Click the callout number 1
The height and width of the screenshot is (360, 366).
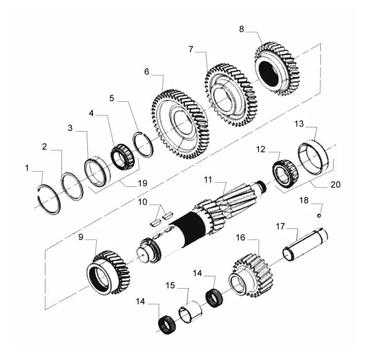pos(27,168)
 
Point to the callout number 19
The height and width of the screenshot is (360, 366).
pos(142,183)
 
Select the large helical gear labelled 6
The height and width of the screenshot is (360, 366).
pos(181,124)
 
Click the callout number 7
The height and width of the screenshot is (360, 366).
pos(191,50)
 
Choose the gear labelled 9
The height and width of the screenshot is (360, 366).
pos(108,272)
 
